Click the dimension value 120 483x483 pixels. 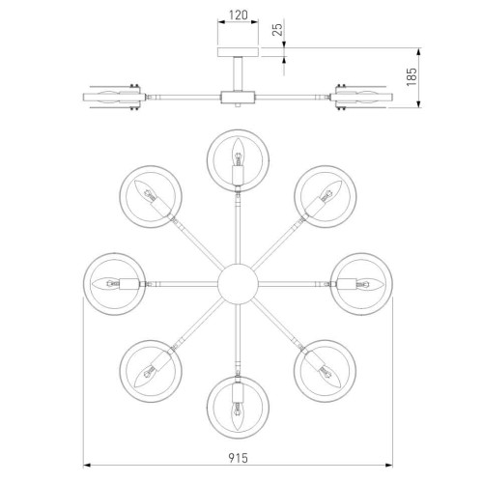pyautogui.click(x=237, y=17)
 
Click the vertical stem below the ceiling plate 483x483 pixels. pyautogui.click(x=237, y=73)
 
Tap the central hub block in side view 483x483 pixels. pyautogui.click(x=237, y=97)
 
